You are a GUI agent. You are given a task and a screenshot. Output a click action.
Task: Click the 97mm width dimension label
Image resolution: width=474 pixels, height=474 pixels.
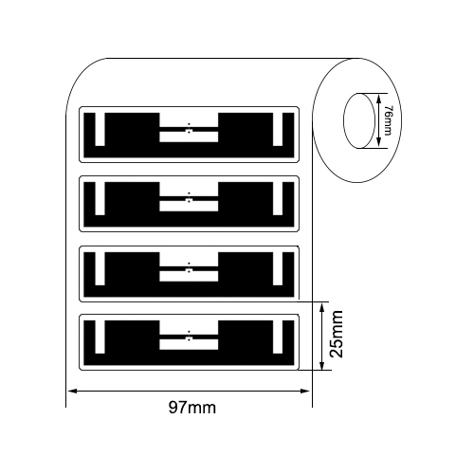tap(192, 408)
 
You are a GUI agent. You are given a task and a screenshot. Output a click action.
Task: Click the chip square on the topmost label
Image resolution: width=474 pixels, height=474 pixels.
tap(189, 131)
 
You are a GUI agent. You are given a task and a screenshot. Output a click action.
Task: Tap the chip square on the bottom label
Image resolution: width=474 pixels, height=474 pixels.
tap(189, 338)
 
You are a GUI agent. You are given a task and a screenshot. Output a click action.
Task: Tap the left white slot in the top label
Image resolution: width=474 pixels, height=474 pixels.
tap(100, 129)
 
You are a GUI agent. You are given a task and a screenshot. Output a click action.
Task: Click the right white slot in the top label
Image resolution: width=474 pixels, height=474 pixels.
tap(278, 129)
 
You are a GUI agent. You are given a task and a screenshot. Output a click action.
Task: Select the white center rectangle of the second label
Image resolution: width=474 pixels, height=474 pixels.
tap(189, 206)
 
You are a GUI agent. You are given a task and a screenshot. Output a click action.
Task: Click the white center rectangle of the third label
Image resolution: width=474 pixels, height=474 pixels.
tap(189, 276)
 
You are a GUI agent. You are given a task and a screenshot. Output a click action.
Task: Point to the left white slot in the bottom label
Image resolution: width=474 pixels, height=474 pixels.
tap(100, 337)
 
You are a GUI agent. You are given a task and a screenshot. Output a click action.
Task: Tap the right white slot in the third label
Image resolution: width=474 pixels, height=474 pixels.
tap(278, 268)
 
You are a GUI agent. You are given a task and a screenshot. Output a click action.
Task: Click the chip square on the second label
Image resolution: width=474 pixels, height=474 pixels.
tap(189, 200)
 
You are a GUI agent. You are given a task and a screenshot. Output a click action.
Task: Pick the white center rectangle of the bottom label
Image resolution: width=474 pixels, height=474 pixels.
tap(189, 345)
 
